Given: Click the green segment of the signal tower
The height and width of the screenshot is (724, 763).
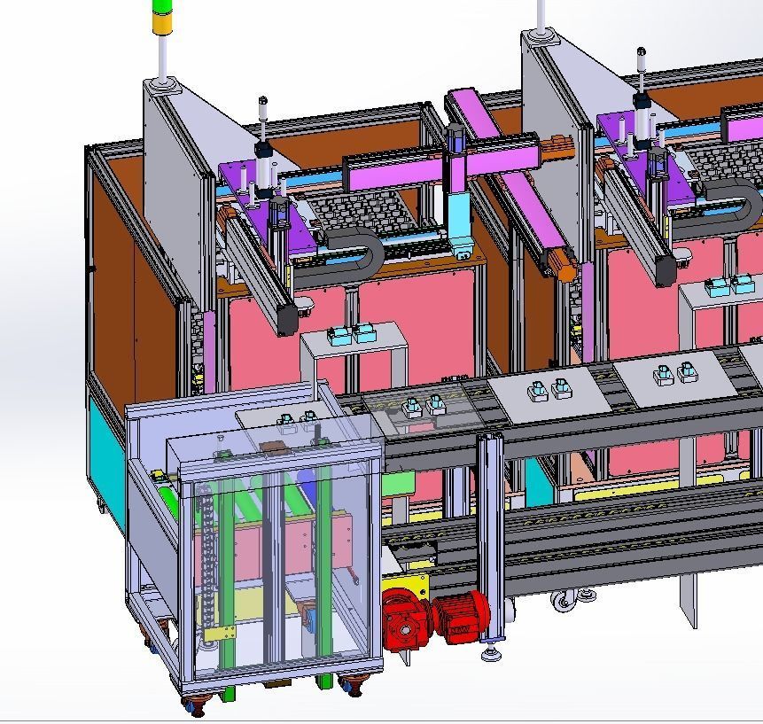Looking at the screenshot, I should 162,6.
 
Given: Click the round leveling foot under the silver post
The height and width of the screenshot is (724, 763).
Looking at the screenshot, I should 490,654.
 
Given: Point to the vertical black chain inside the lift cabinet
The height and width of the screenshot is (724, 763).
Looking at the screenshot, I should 209,549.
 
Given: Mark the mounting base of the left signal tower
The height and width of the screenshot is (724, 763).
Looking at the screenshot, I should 161,85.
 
